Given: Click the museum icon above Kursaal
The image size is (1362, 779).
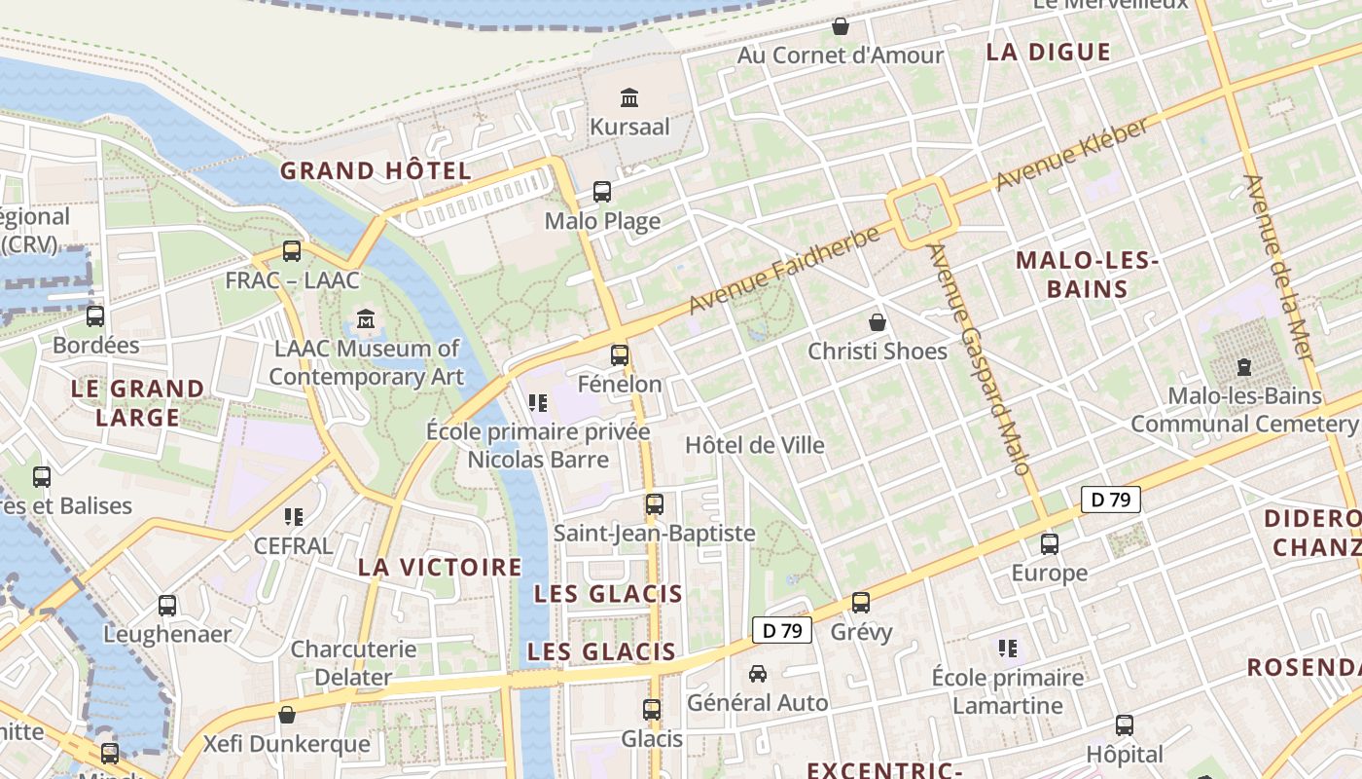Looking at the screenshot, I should click(x=629, y=97).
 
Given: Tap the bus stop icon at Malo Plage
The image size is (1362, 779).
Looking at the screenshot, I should click(x=602, y=192).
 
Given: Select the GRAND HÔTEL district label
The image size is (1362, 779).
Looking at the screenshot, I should click(x=376, y=171).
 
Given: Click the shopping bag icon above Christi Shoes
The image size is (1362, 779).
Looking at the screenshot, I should click(x=878, y=322).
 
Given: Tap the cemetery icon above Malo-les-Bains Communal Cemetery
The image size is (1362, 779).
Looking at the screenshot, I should click(x=1243, y=367).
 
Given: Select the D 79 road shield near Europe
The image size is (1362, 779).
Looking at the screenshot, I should click(x=1110, y=501).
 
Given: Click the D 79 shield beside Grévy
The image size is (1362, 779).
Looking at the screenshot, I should click(x=782, y=631).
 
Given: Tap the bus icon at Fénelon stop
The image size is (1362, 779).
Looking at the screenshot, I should click(x=620, y=355).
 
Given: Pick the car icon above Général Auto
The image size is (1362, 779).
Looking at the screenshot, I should click(x=758, y=674).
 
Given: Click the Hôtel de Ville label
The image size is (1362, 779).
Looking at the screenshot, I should click(x=755, y=445).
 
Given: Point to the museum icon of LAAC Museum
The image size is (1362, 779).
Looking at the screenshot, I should click(x=366, y=319).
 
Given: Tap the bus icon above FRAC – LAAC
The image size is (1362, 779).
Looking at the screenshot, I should click(x=292, y=251).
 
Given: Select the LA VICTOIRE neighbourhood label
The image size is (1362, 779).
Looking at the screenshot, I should click(x=440, y=567).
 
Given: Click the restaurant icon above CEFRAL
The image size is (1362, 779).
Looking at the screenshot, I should click(x=293, y=517).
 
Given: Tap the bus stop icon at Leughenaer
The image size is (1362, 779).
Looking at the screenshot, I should click(x=167, y=606).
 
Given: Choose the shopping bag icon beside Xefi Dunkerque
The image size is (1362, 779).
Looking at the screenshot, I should click(x=286, y=716).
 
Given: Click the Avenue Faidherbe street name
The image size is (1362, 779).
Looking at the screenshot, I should click(x=784, y=270).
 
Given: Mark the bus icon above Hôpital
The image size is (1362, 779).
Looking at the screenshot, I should click(x=1125, y=725).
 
